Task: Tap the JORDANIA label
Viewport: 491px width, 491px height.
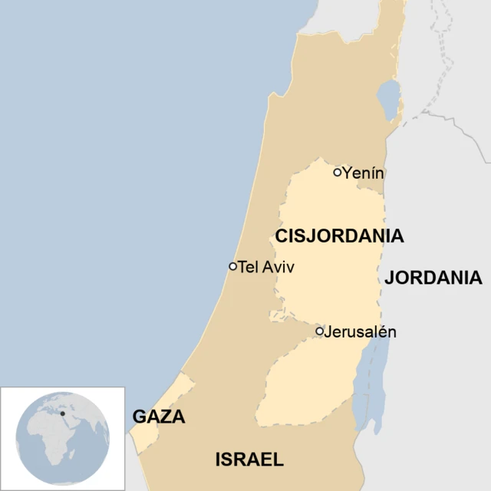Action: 433,278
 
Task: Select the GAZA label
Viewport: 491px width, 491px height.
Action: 159,417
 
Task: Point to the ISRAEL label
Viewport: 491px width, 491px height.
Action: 249,460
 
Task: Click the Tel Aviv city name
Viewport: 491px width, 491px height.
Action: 266,267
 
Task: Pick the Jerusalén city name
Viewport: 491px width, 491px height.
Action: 360,332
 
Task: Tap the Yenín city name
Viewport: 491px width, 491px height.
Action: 363,173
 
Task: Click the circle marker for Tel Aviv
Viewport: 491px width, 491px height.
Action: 232,266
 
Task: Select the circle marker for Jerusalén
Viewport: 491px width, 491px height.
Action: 320,331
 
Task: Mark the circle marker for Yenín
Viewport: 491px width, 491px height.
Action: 337,173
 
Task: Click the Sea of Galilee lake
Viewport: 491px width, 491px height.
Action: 389,101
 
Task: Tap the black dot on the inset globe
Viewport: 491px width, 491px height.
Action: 63,414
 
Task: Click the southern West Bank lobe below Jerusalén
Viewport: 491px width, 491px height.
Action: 307,384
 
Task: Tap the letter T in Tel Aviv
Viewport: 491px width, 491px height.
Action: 242,267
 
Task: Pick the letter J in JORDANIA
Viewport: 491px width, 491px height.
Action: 390,278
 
